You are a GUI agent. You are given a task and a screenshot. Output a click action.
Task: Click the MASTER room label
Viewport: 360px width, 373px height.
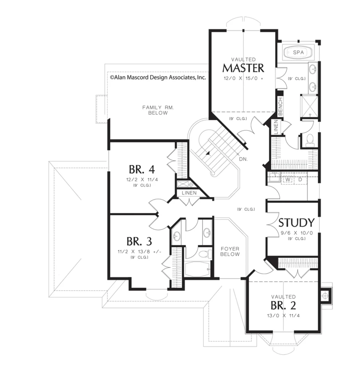[x=243, y=68]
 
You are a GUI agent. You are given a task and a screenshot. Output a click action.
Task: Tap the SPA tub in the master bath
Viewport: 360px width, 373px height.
[x=298, y=52]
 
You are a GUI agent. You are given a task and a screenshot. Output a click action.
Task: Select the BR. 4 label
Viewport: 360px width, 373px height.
[x=142, y=170]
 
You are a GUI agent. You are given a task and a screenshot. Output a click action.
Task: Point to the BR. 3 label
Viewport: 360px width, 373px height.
[x=139, y=242]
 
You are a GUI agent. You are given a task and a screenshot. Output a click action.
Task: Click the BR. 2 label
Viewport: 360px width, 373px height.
[x=283, y=306]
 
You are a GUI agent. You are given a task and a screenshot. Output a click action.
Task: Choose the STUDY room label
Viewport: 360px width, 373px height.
[x=296, y=223]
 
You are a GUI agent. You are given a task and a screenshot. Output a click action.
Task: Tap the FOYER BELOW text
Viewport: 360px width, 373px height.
[x=230, y=251]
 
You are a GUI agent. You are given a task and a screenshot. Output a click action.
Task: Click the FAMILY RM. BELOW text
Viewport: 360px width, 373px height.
[x=158, y=110]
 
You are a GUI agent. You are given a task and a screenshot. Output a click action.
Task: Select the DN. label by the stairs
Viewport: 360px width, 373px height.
[x=243, y=159]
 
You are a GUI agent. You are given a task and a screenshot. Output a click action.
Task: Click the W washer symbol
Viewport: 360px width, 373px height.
[x=288, y=180]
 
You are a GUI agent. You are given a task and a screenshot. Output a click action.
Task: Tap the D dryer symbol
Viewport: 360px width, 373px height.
[x=300, y=180]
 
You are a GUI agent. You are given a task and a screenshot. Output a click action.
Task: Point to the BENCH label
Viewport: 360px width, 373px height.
[x=280, y=106]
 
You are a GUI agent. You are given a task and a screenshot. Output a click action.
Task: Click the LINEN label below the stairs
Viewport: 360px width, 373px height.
[x=189, y=193]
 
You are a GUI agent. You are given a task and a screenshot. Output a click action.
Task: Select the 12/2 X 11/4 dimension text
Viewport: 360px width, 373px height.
[x=142, y=180]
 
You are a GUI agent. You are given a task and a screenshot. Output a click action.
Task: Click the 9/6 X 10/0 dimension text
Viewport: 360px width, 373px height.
[x=297, y=233]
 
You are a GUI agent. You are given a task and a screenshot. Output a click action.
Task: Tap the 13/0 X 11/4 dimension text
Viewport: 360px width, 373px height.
[x=283, y=316]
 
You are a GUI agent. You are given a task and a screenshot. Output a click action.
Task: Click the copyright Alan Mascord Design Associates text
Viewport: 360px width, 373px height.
[x=158, y=77]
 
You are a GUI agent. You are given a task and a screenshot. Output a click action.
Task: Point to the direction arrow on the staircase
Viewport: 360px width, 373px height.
[x=208, y=153]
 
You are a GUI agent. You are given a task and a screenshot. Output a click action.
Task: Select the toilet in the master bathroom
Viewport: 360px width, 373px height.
[x=310, y=140]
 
